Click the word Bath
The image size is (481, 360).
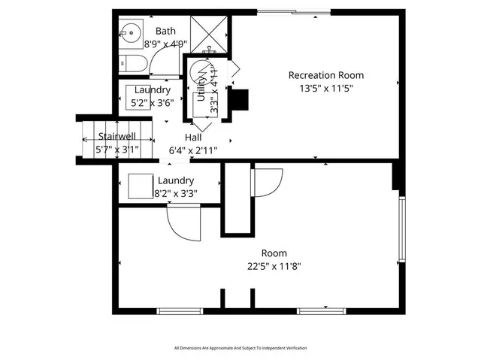[165, 31]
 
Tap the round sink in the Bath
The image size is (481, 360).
[129, 32]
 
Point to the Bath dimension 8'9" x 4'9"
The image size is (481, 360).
[166, 44]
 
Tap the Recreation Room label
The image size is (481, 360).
[326, 75]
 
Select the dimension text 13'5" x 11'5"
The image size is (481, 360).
[326, 88]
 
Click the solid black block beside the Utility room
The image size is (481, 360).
[238, 99]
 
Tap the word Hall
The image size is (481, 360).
[193, 138]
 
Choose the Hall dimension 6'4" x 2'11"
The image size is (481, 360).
[193, 150]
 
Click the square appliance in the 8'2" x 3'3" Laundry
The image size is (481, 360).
[140, 185]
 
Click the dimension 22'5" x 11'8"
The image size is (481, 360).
[274, 266]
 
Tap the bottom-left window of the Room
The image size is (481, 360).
[179, 310]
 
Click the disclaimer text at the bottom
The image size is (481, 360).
[240, 348]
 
